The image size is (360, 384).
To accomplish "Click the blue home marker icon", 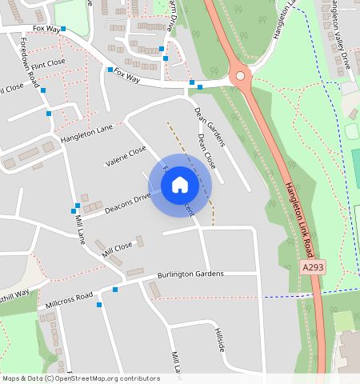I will pos(180,185).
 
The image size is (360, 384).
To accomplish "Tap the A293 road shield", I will pos(314,266).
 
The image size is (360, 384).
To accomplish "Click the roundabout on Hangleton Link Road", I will pos(240,77).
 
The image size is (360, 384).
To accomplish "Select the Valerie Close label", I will pos(126,156).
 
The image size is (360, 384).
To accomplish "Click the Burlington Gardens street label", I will pos(190,274).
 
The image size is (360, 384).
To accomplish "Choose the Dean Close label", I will pos(206,150).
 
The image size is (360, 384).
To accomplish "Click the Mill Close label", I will pos(117,250).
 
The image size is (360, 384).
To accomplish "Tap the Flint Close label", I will pos(48,62).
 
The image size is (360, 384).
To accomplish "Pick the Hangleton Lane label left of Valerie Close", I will pos(86,134).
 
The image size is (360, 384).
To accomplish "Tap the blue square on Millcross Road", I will pos(114,290).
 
